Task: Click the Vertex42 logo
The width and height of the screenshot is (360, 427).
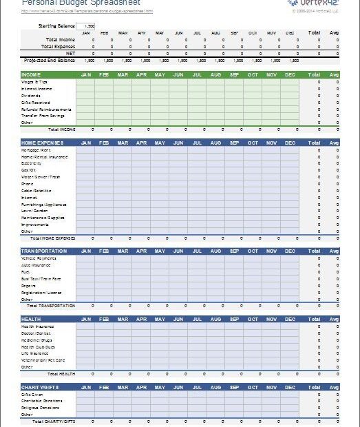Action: click(x=313, y=3)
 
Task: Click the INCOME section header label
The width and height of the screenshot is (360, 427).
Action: click(x=31, y=74)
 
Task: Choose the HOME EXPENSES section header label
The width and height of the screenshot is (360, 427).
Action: click(x=43, y=143)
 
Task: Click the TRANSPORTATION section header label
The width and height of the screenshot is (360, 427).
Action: click(x=44, y=251)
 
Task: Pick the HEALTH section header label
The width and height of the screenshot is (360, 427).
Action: click(x=32, y=319)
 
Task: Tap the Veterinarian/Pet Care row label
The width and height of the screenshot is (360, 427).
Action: click(x=43, y=360)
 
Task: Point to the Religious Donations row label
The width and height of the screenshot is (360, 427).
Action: click(x=41, y=408)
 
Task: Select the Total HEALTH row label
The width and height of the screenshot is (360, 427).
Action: click(x=62, y=374)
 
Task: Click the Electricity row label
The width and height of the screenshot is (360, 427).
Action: click(x=32, y=163)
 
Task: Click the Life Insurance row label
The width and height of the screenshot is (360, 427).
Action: click(x=35, y=353)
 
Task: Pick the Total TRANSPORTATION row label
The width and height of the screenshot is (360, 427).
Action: click(x=56, y=306)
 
